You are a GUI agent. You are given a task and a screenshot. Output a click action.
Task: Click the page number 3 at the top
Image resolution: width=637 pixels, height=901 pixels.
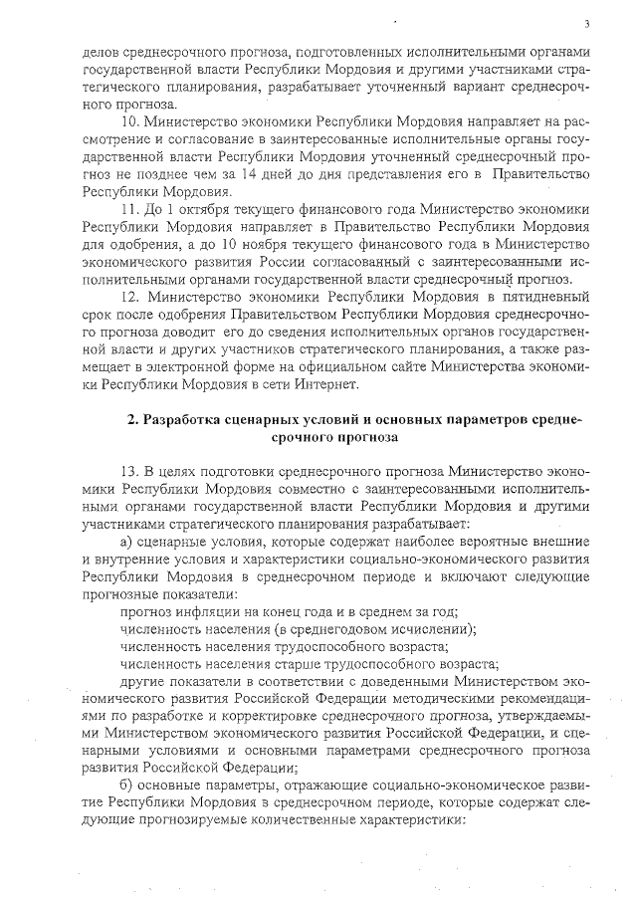click(x=587, y=23)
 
